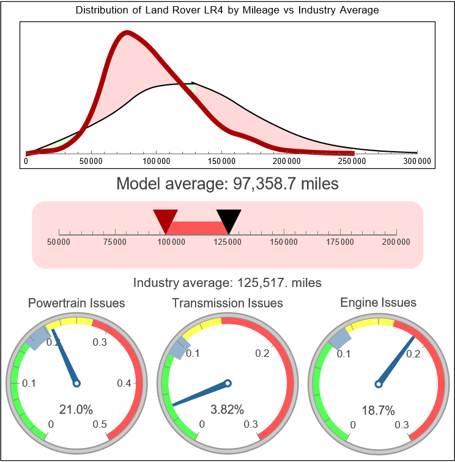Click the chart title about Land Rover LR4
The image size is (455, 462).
click(x=227, y=10)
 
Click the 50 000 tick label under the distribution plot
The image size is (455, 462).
click(x=91, y=161)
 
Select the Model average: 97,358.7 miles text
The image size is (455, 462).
click(x=227, y=183)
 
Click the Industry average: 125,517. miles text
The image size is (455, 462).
click(x=227, y=283)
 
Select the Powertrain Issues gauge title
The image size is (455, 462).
click(x=76, y=303)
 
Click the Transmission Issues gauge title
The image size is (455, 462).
click(x=227, y=303)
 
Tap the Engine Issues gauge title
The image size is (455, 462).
click(x=378, y=302)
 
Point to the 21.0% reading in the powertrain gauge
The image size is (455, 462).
click(x=76, y=409)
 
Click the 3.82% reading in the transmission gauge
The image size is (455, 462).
click(x=227, y=409)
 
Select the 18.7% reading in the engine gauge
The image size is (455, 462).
click(x=378, y=409)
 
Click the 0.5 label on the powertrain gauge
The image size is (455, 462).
click(x=100, y=425)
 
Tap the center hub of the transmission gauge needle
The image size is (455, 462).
click(x=227, y=384)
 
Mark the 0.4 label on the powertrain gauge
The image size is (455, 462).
click(x=125, y=384)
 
